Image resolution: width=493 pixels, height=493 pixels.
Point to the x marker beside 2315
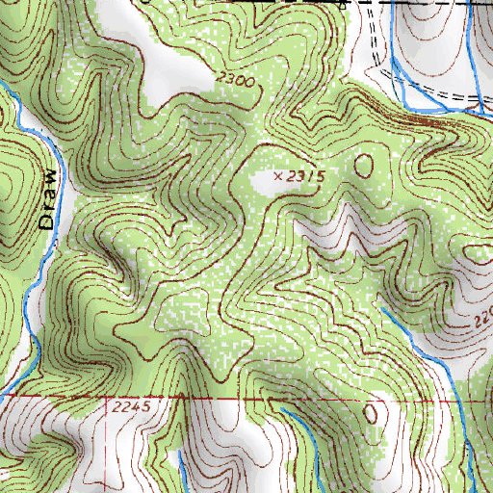click(279, 176)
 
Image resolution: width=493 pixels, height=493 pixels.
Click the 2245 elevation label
click(130, 407)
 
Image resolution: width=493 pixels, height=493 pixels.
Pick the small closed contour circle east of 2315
click(365, 165)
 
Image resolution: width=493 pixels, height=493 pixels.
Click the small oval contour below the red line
click(371, 414)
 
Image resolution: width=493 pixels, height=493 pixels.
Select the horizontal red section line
click(289, 397)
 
